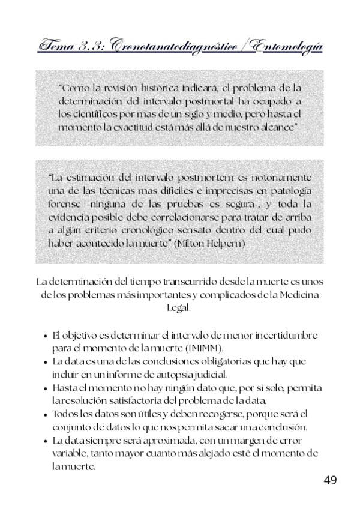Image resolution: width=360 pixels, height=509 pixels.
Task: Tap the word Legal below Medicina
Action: coord(179,307)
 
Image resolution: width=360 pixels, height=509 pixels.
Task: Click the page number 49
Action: coord(330,480)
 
